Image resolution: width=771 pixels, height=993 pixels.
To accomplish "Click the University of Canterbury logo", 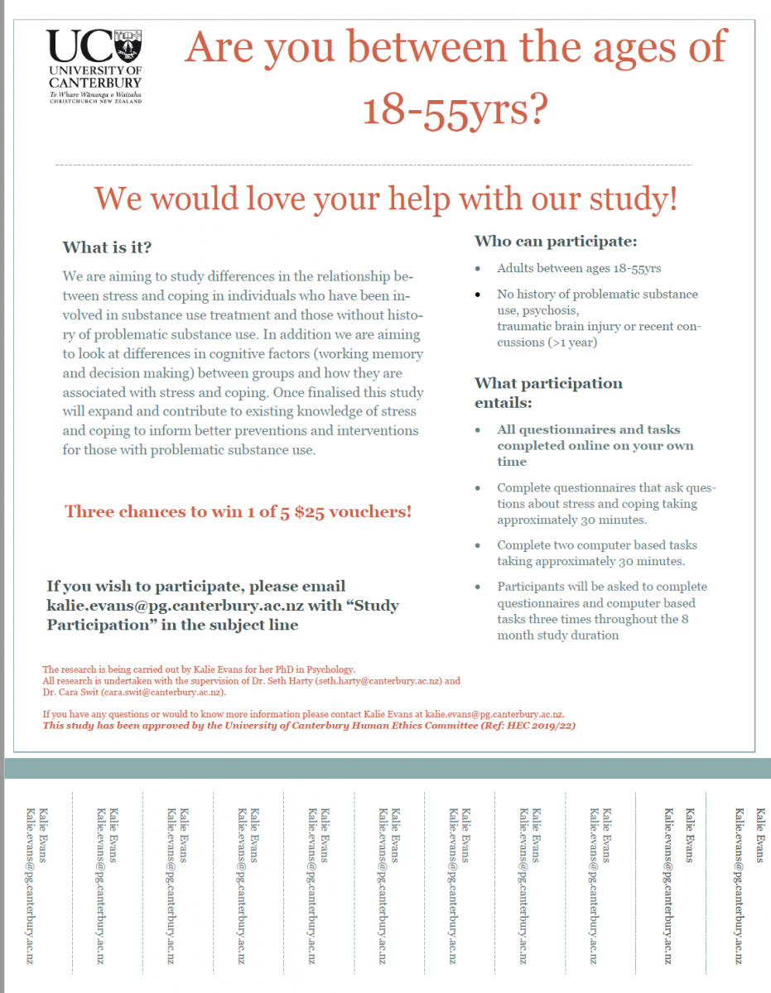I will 94,65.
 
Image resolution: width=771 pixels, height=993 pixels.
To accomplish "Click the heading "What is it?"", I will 107,248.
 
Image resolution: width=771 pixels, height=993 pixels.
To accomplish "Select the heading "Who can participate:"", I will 555,242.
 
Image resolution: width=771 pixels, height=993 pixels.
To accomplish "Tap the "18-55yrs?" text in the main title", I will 455,110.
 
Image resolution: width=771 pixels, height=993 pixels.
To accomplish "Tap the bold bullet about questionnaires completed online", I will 595,445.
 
